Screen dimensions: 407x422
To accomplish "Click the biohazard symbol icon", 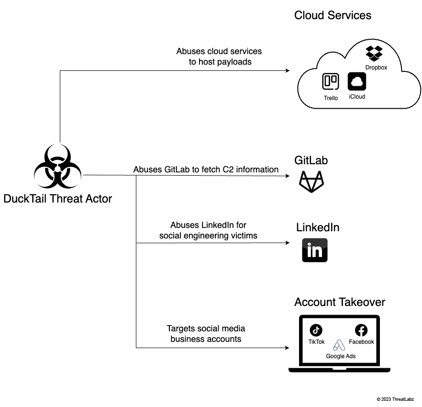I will coord(58,168).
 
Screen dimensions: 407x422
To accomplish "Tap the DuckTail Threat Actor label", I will coord(58,198).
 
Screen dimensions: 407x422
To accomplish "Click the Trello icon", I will coord(331,82).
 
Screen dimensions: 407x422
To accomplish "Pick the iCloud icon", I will coord(357,81).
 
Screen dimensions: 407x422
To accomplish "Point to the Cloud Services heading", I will coord(333,15).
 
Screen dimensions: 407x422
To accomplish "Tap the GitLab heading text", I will coord(311,160).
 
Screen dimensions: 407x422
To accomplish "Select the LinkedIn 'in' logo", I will coord(314,250).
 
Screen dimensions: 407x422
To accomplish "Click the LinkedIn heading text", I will coord(318,227).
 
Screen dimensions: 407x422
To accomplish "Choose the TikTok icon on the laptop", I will coord(316,330).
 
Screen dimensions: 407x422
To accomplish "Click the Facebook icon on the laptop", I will coord(361,330).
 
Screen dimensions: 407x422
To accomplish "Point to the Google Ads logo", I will coord(339,345).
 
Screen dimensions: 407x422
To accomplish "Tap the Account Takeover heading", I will coord(340,302).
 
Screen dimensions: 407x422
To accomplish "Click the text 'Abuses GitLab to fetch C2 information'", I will coord(206,170).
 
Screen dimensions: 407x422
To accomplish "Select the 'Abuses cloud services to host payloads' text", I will coord(220,57).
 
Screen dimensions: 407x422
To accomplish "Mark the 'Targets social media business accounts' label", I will coord(206,334).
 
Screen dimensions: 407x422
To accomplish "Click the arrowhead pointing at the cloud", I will coord(287,70).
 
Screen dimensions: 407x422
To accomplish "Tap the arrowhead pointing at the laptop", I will coord(287,348).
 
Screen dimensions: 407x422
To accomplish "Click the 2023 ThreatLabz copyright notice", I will coord(395,399).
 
